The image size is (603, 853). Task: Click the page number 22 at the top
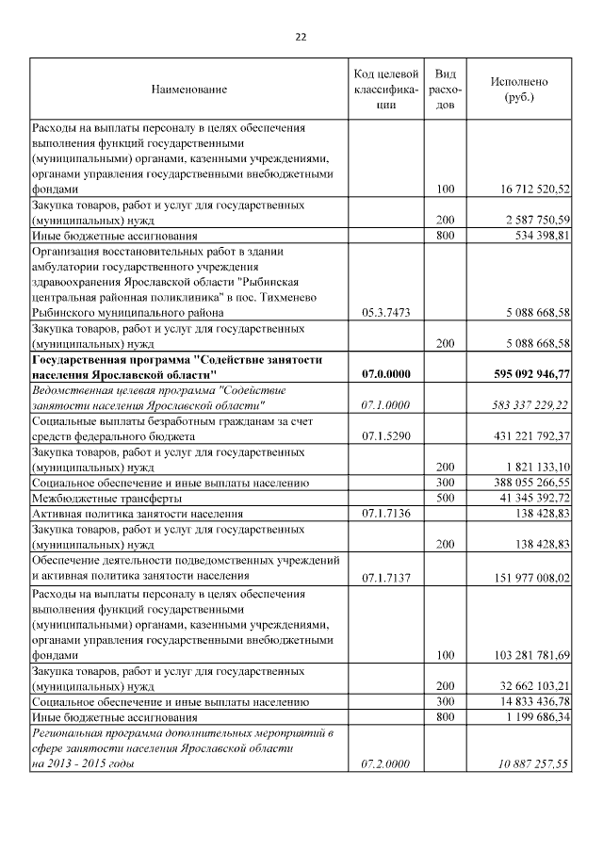(301, 37)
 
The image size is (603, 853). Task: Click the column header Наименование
(188, 90)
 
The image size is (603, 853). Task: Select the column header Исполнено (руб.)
(518, 90)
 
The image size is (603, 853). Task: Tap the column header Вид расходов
(447, 90)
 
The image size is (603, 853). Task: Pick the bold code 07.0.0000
(385, 374)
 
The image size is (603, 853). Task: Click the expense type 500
(446, 498)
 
